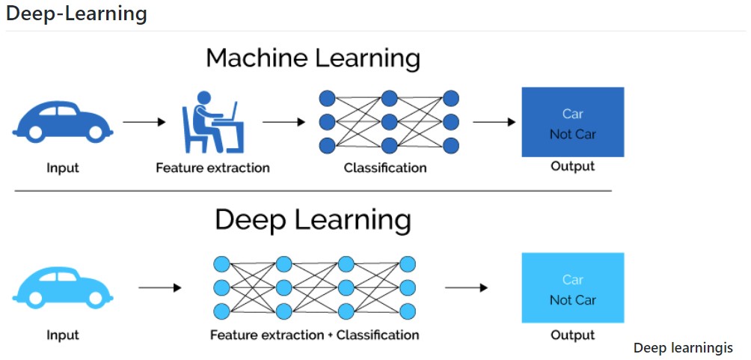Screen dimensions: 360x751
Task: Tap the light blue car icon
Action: click(63, 288)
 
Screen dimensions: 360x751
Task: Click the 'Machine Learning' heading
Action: click(313, 58)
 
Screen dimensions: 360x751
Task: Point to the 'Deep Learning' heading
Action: click(313, 219)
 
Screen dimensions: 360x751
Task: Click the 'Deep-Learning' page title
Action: click(76, 13)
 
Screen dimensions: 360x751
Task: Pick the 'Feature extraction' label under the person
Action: click(212, 168)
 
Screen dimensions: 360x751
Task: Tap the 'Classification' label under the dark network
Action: click(385, 168)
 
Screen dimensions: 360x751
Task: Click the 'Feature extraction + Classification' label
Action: click(314, 335)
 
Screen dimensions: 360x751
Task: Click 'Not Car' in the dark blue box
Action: click(572, 134)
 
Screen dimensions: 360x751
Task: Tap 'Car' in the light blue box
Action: click(572, 280)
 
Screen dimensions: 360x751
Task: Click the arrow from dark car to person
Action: click(144, 121)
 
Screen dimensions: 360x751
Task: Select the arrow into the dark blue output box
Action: click(494, 121)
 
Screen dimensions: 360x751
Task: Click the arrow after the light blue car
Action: click(160, 287)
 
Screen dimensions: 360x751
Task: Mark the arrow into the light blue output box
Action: click(466, 287)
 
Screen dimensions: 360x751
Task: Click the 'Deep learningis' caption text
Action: click(683, 348)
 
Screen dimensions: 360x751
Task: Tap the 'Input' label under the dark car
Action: click(63, 168)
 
